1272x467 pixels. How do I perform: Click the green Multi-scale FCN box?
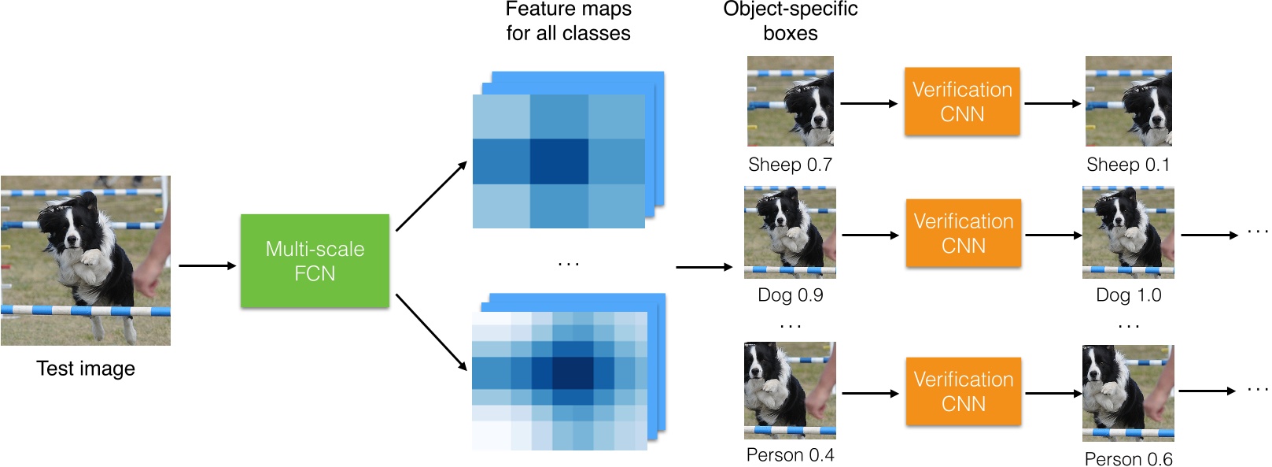(315, 261)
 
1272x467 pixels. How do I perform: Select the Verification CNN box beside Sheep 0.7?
(962, 102)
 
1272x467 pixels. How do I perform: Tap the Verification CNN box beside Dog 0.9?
(963, 233)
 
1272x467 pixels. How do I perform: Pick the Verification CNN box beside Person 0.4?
(963, 391)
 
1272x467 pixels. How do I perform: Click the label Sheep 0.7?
(790, 165)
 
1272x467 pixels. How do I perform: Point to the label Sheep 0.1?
(1128, 165)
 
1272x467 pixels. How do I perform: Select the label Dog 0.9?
(790, 295)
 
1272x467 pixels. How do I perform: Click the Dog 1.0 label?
(1128, 295)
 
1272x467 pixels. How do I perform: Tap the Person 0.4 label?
(790, 454)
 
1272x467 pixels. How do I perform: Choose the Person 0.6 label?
(1128, 458)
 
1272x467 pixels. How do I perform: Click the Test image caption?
(86, 369)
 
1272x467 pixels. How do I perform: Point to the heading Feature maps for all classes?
(569, 21)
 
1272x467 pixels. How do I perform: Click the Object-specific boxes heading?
(790, 21)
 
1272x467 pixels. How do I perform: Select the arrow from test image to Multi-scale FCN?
(207, 265)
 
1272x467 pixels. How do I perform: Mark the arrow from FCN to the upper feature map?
(432, 196)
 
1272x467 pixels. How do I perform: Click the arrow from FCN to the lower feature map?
(432, 332)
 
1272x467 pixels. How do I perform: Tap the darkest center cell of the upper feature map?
(559, 161)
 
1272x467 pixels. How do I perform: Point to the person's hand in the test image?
(147, 282)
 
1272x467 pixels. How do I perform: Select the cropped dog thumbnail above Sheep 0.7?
(790, 102)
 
